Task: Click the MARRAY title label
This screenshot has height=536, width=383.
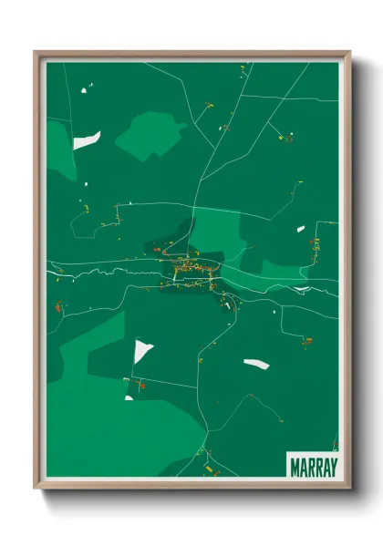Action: [x=313, y=465]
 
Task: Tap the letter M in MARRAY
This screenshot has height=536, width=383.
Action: [x=295, y=465]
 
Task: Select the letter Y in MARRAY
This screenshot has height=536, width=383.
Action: [x=332, y=465]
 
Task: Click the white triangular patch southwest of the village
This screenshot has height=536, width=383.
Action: [x=142, y=351]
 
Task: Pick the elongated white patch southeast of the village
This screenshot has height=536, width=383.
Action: [x=256, y=364]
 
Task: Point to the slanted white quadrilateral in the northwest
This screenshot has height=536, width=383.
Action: [x=87, y=140]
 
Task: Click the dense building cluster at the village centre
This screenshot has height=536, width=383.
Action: [x=190, y=268]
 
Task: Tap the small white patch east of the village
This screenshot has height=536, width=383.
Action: [x=300, y=229]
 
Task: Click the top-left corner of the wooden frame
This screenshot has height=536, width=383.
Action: [x=36, y=53]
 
